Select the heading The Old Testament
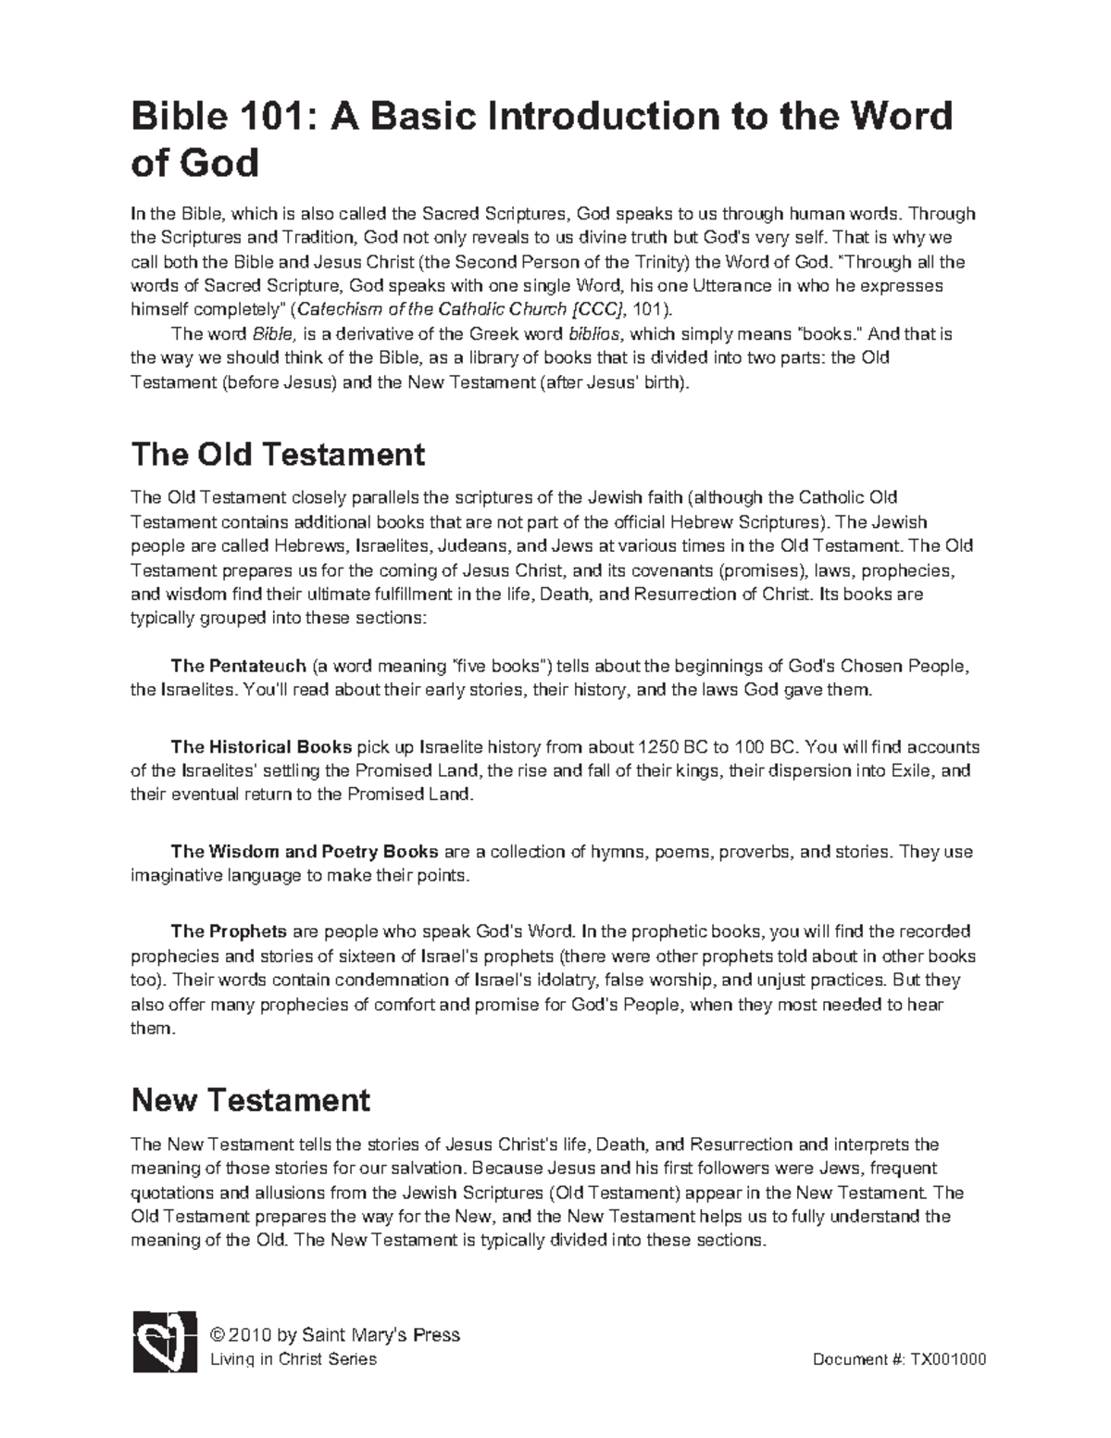[x=278, y=455]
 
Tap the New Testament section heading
[x=251, y=1099]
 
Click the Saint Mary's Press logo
[x=164, y=1340]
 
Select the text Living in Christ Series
[x=293, y=1359]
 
